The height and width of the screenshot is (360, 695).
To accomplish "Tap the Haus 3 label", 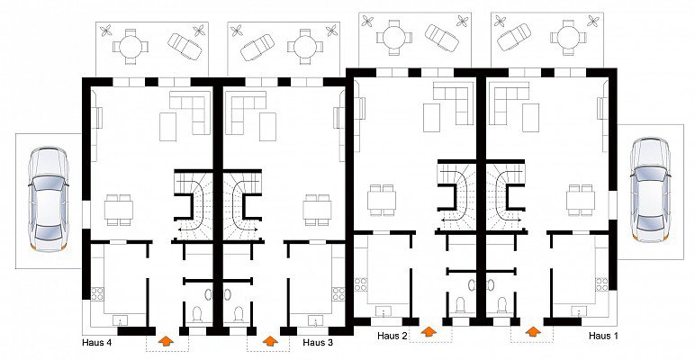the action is point(318,342).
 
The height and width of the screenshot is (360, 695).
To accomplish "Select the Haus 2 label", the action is point(393,336).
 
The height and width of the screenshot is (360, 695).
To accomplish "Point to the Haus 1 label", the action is point(603,336).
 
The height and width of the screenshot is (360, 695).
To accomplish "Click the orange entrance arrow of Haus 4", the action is point(167,340).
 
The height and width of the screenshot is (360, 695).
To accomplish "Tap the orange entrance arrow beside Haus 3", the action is point(269,340).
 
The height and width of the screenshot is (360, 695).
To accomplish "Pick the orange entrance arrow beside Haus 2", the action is point(429,331).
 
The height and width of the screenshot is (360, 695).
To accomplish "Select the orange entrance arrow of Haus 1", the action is point(533,331).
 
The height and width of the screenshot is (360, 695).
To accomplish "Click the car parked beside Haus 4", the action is point(49,199).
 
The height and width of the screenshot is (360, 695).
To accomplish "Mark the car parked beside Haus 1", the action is point(650,190).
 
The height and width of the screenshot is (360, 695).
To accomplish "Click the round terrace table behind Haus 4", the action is point(131,47).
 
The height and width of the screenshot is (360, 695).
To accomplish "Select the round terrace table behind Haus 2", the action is point(394,37).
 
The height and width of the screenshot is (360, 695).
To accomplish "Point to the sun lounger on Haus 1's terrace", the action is point(514,37).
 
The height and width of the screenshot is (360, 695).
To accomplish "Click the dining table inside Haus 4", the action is point(119,210).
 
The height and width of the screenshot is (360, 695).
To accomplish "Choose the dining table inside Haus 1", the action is point(581,201).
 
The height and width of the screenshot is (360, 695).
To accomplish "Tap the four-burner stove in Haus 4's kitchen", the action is point(97,293).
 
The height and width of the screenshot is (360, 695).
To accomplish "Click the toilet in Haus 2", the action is point(461,304).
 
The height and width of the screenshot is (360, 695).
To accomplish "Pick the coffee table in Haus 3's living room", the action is point(267,127).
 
